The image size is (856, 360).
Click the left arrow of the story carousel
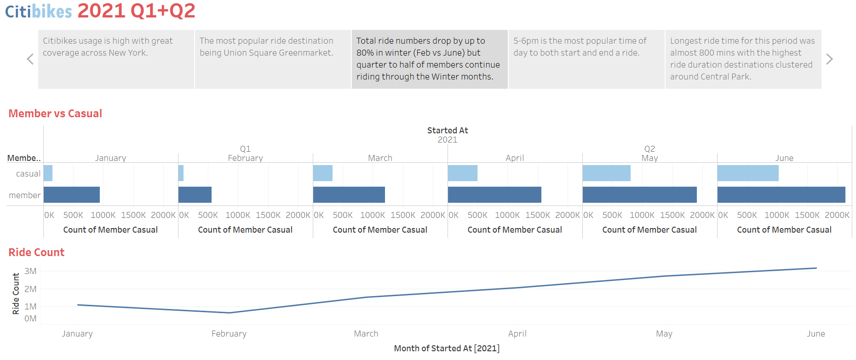click(x=30, y=59)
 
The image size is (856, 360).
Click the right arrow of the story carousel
click(x=829, y=59)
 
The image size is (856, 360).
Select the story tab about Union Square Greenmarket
click(x=272, y=59)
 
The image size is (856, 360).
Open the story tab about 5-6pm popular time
click(x=586, y=59)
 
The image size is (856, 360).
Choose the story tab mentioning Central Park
click(x=743, y=59)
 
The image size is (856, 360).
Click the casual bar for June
click(x=747, y=173)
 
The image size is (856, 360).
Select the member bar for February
click(x=195, y=194)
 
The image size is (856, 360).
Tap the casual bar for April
click(x=462, y=173)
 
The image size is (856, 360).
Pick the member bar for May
click(x=639, y=194)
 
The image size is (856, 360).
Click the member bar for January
click(x=71, y=194)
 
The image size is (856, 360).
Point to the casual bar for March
click(x=322, y=173)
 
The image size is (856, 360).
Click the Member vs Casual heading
click(x=55, y=114)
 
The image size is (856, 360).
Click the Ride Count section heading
click(x=36, y=252)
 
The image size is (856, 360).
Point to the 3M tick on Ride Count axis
click(x=30, y=271)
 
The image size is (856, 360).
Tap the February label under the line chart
click(x=229, y=334)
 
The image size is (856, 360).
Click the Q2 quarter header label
click(x=649, y=149)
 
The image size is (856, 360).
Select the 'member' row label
click(x=24, y=195)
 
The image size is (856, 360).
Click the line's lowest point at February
click(x=229, y=313)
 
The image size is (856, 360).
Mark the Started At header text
click(x=447, y=131)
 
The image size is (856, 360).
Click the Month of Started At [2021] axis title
click(x=446, y=349)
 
